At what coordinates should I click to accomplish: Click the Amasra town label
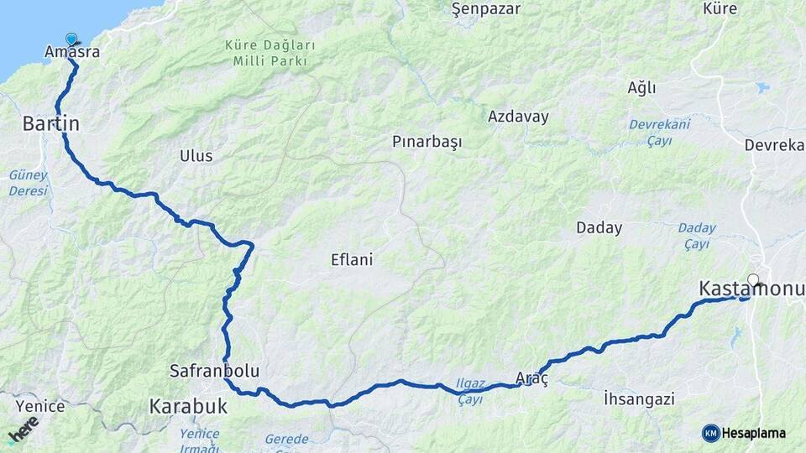pos(72,53)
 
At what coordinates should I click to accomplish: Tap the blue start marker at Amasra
pos(71,39)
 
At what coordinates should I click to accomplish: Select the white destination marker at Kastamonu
pos(753,280)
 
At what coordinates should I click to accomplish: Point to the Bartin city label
pos(50,124)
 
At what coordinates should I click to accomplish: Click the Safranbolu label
pos(214,370)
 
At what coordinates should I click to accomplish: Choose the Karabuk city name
pos(188,407)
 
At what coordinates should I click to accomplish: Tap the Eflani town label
pos(351,260)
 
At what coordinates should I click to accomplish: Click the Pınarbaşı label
pos(427,143)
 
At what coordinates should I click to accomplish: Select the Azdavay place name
pos(518,117)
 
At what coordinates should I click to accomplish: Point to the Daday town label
pos(599,227)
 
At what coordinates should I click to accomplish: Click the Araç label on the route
pos(531,378)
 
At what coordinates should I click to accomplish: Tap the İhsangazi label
pos(639,399)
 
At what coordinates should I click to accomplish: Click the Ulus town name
pos(196,156)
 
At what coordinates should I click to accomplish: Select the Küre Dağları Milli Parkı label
pos(270,52)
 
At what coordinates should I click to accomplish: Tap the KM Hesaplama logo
pos(744,433)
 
